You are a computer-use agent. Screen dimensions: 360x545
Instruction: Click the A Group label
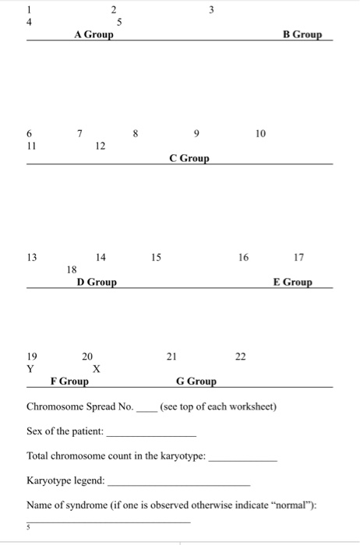tap(94, 35)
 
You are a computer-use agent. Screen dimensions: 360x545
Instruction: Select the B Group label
tap(302, 35)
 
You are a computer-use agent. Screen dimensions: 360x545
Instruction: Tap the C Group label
tap(189, 159)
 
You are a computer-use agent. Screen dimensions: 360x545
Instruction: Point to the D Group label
tap(97, 282)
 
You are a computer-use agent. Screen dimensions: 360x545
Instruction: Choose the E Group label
tap(293, 282)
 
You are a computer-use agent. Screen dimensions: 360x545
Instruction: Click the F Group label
tap(69, 381)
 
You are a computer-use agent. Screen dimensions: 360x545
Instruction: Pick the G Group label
tap(196, 381)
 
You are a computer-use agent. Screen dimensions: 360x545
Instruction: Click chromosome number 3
tap(212, 10)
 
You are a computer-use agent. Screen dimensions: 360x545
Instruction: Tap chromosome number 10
tap(260, 134)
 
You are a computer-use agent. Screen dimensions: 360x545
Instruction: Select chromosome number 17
tap(299, 257)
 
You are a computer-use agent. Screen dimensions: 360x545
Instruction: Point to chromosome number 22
tap(241, 357)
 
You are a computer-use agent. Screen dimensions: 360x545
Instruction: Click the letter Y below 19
tap(30, 369)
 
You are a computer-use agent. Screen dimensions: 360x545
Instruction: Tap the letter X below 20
tap(96, 369)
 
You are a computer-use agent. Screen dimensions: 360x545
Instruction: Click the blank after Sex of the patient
tap(150, 433)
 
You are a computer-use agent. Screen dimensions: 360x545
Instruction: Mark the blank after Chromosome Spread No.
tap(146, 408)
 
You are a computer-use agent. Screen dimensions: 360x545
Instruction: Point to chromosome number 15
tap(157, 257)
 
